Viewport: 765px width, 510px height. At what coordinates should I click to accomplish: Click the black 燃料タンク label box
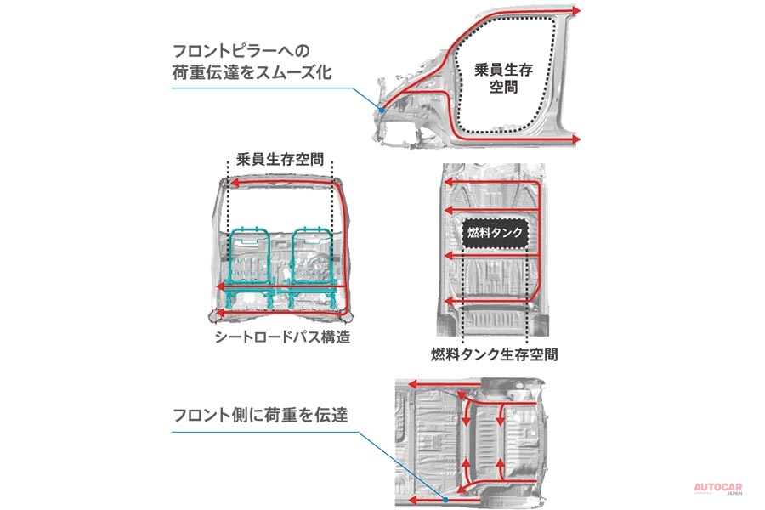(495, 230)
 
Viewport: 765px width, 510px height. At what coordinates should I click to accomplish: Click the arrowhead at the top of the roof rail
(577, 11)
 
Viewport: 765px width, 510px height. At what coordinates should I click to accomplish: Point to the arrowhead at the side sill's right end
(577, 138)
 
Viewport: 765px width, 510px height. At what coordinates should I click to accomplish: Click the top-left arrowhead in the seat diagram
(227, 181)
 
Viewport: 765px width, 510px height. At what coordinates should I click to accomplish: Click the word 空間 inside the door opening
(503, 88)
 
